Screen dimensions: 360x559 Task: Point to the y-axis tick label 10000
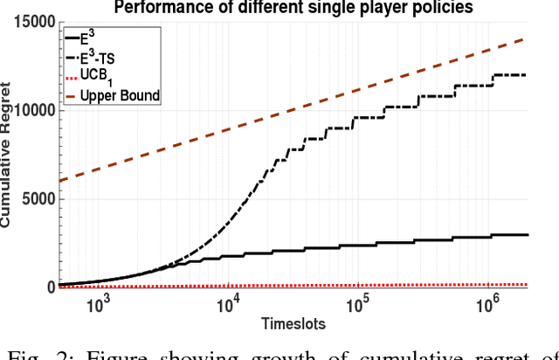click(34, 111)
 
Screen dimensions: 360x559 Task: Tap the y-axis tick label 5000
click(38, 198)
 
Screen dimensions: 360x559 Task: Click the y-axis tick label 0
click(51, 287)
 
